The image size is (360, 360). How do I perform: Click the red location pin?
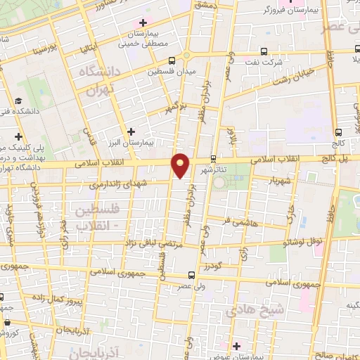(181, 165)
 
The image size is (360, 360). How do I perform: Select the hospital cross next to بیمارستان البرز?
(131, 131)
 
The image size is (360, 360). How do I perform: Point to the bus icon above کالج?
(339, 131)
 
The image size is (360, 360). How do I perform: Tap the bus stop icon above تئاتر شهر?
(214, 159)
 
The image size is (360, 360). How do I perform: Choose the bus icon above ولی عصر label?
(193, 276)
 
